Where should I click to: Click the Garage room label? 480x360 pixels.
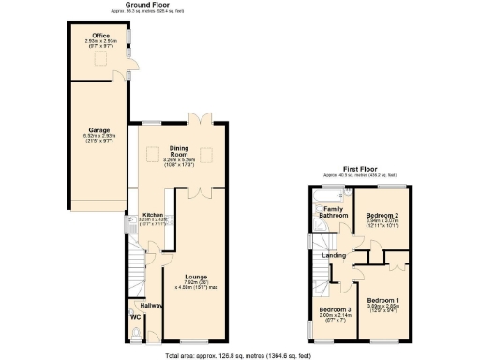click(x=99, y=130)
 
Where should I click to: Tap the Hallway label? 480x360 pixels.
click(x=151, y=305)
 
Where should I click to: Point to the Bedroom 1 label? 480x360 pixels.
click(x=382, y=300)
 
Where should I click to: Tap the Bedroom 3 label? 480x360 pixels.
click(x=334, y=309)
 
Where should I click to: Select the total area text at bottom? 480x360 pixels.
click(x=239, y=355)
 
